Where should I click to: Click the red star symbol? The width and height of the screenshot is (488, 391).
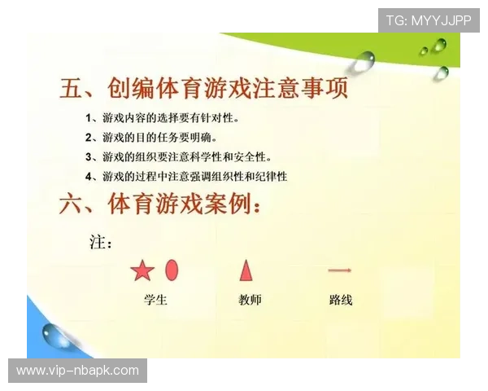(142, 271)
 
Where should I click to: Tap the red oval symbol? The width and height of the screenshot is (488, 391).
(172, 270)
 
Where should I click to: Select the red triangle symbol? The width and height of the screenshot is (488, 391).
(246, 270)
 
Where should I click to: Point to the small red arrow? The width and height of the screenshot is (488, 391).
(339, 270)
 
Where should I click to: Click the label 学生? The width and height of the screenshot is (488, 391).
(155, 300)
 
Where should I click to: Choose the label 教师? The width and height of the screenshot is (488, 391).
(250, 300)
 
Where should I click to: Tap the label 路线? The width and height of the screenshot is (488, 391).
(341, 300)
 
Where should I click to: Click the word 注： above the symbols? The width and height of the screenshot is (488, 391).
(100, 242)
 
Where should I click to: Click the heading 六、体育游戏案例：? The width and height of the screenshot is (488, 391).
(160, 205)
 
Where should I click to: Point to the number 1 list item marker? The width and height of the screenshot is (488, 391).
(90, 118)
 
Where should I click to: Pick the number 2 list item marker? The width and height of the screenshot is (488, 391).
(90, 138)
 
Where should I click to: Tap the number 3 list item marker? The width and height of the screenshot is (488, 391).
(90, 156)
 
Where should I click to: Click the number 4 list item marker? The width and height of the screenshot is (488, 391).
(90, 176)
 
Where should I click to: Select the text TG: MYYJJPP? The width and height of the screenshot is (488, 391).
(428, 20)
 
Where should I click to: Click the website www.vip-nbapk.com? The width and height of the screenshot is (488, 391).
(77, 371)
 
